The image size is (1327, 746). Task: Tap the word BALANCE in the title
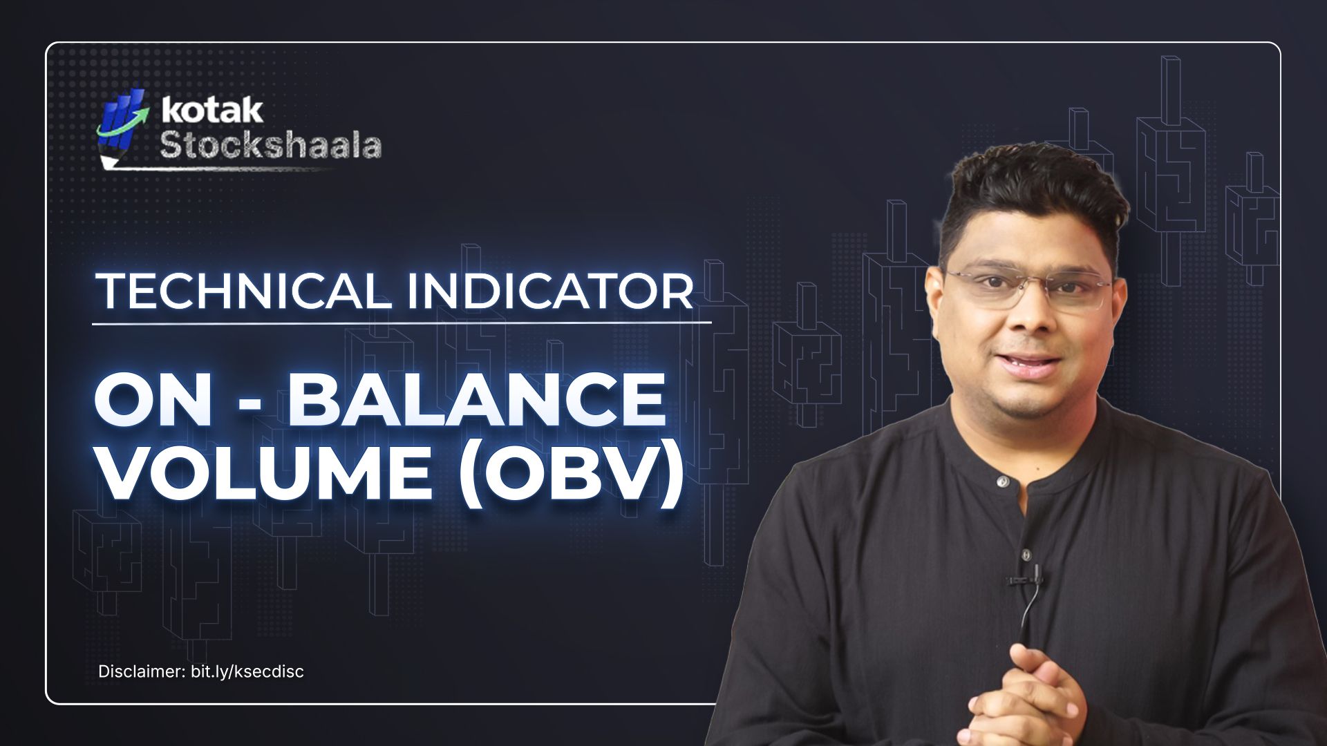[x=477, y=401]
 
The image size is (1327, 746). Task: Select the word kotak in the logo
[x=212, y=111]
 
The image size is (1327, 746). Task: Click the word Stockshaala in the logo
[x=270, y=145]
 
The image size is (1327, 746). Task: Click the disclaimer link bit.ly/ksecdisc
[x=247, y=671]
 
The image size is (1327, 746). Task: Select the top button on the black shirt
[x=1001, y=480]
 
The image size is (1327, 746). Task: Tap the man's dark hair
[x=1030, y=193]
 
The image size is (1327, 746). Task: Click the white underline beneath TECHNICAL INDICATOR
[x=401, y=323]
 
